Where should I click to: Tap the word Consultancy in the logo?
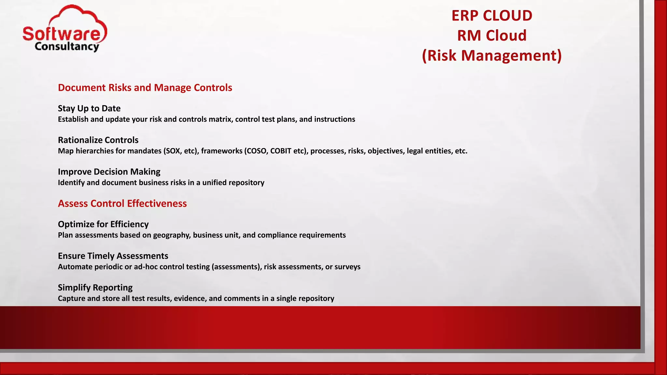coord(67,47)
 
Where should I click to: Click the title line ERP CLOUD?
coord(492,16)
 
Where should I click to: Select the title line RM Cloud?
coord(492,35)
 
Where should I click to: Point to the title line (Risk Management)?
coord(492,55)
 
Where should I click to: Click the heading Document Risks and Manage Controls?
coord(145,88)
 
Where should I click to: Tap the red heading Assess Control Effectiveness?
coord(122,203)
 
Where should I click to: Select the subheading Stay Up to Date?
coord(89,108)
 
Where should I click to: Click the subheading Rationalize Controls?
coord(98,140)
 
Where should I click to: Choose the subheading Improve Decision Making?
coord(109,172)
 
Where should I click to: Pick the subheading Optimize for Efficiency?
coord(103,224)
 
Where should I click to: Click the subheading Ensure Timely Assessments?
coord(113,256)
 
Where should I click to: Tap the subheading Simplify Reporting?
coord(95,287)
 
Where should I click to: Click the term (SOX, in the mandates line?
coord(173,151)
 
